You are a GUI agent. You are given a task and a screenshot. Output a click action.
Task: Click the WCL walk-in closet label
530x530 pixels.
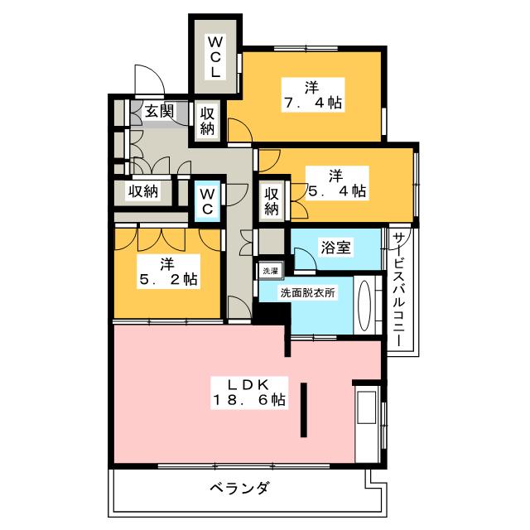tap(214, 56)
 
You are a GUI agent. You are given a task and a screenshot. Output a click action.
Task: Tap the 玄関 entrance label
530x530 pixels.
tap(158, 110)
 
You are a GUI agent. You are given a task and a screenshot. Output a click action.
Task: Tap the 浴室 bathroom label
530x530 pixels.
tap(336, 247)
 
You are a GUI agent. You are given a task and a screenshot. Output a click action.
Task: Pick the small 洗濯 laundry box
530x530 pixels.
tap(271, 270)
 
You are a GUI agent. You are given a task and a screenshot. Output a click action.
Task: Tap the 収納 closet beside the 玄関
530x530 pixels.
tap(207, 121)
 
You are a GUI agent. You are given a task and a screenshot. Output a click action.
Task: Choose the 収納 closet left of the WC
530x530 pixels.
tap(142, 192)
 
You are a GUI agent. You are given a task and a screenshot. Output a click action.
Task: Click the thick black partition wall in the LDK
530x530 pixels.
tap(305, 410)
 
